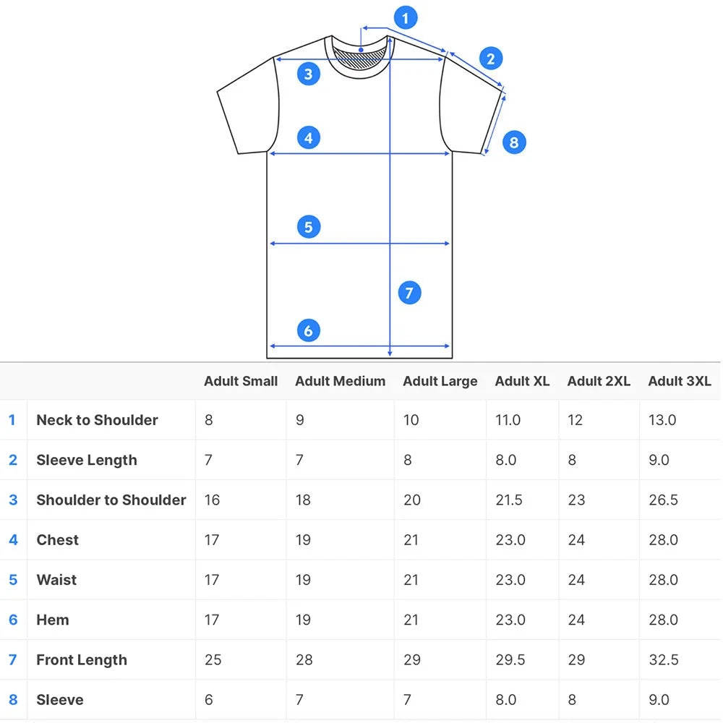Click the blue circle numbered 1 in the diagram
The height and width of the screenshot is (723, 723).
coord(406,18)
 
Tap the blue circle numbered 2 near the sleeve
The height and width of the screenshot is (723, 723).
coord(491,59)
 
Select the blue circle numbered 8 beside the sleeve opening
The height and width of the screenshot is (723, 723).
coord(514,142)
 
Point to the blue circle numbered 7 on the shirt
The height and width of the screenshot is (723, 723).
coord(409,293)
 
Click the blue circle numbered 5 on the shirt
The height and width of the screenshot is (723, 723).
coord(309,227)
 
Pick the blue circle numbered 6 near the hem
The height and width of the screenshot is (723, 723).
coord(309,330)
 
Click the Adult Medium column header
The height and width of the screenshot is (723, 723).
coord(341,381)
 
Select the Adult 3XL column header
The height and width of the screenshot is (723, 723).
coord(680,381)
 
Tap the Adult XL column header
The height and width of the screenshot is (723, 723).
coord(522,381)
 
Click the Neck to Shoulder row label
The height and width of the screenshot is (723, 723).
coord(98,420)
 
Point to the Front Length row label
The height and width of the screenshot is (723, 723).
coord(82,660)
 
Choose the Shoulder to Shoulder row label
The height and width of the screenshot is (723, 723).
coord(111,500)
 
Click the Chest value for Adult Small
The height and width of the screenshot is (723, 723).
coord(212,540)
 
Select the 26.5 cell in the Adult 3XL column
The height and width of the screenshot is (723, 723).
coord(663,500)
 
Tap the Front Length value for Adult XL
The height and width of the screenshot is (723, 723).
coord(510,660)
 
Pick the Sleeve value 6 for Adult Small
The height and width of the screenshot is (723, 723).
coord(209,700)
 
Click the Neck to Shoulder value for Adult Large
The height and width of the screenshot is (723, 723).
coord(411,420)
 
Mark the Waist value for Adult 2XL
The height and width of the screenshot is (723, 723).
coord(576,580)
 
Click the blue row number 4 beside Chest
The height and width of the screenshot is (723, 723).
coord(13,540)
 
